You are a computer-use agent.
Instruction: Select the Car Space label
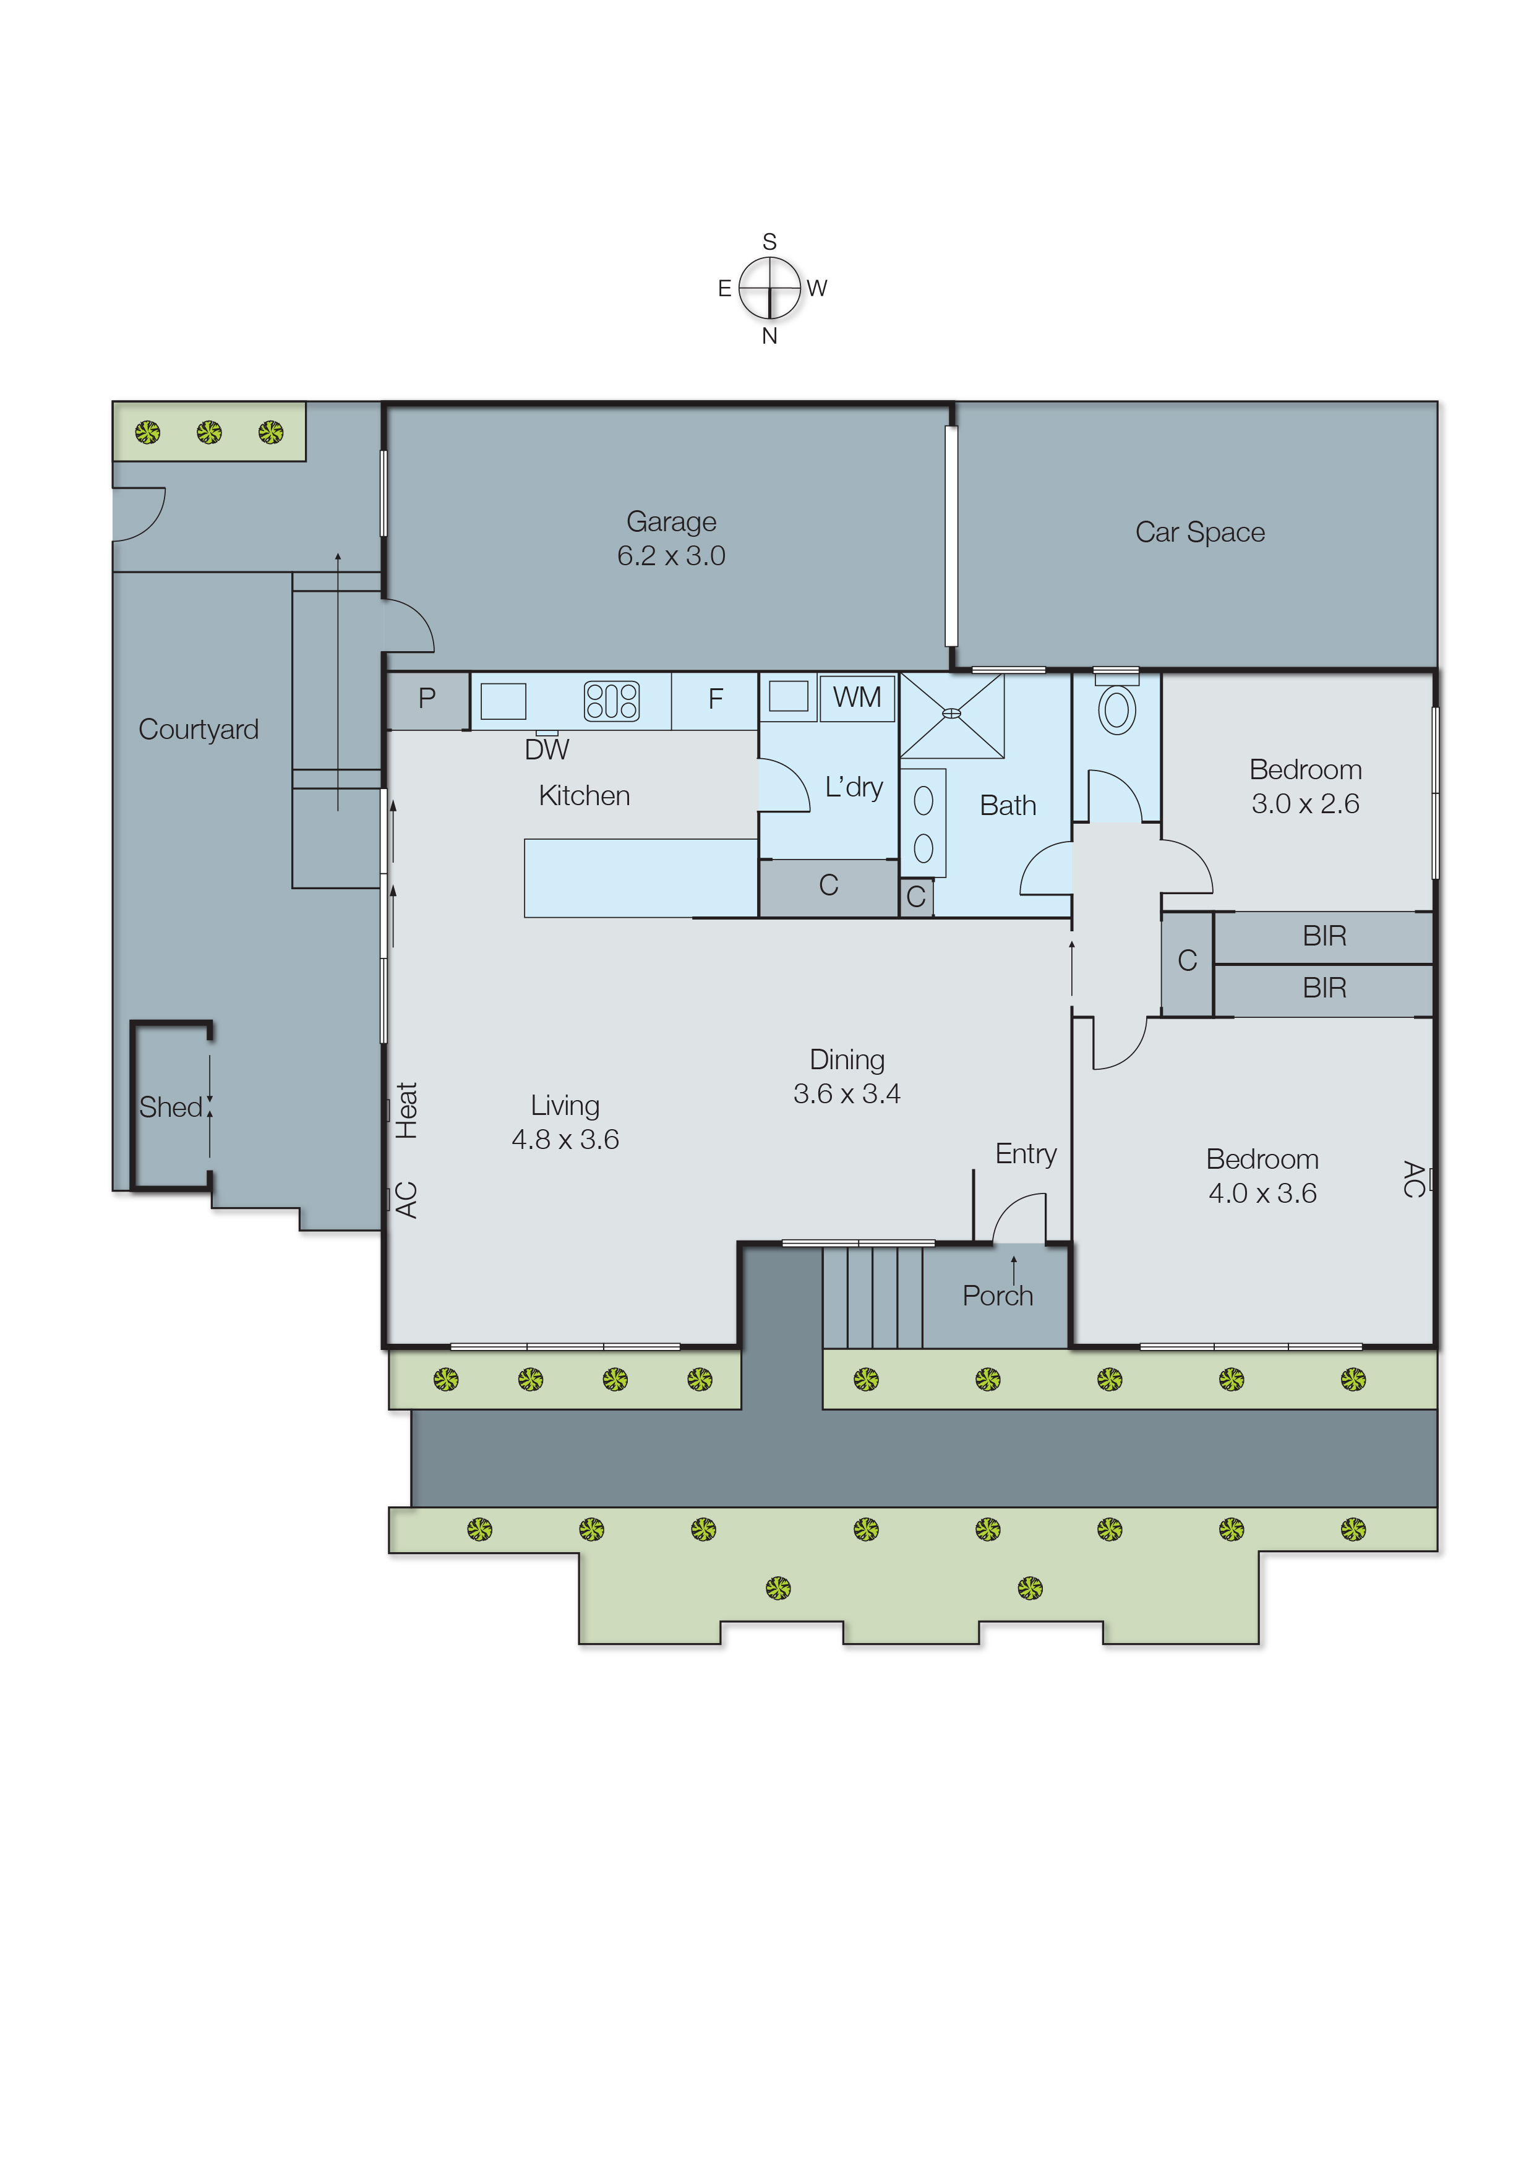click(x=1199, y=532)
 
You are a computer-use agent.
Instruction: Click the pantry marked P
click(x=427, y=699)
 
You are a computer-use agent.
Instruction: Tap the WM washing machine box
click(x=857, y=698)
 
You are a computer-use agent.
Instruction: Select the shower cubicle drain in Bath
click(x=952, y=714)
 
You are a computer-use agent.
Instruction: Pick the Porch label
click(x=998, y=1296)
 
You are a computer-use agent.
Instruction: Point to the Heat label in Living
click(x=406, y=1111)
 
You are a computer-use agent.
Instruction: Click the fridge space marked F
click(x=715, y=699)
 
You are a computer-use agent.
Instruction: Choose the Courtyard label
click(x=199, y=729)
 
